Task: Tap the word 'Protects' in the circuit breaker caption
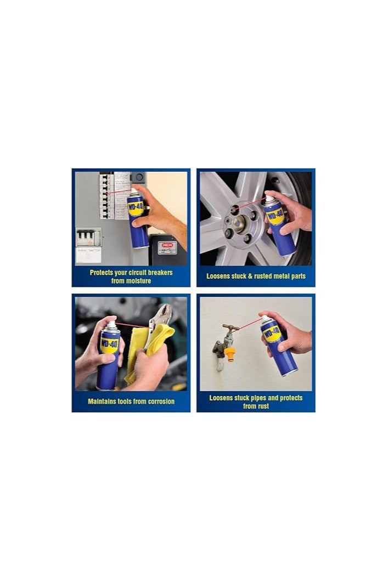pos(103,273)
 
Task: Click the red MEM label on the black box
pos(164,245)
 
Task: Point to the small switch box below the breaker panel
pos(88,238)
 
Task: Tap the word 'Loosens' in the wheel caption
pos(219,276)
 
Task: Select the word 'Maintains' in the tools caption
pos(103,402)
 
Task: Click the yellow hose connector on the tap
pos(229,352)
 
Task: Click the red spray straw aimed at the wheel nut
pos(250,205)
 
